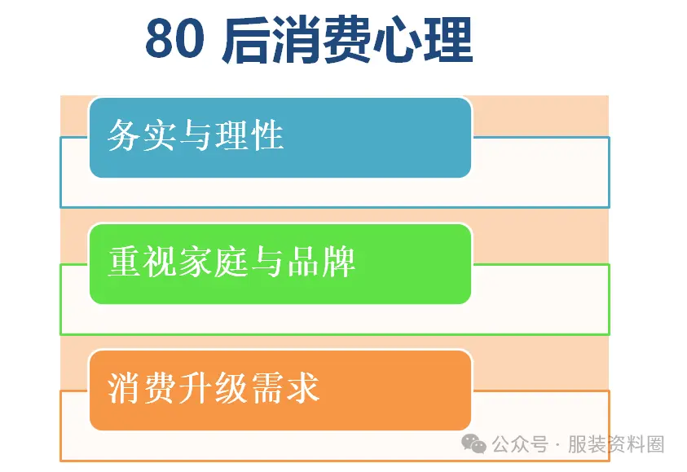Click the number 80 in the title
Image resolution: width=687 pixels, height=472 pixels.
(x=174, y=41)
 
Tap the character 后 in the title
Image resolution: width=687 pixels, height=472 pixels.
(x=244, y=41)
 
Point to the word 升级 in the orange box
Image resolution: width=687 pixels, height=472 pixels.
(x=213, y=388)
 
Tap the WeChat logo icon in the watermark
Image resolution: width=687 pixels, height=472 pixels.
(x=474, y=443)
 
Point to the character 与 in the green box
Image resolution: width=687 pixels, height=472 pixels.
(x=267, y=262)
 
